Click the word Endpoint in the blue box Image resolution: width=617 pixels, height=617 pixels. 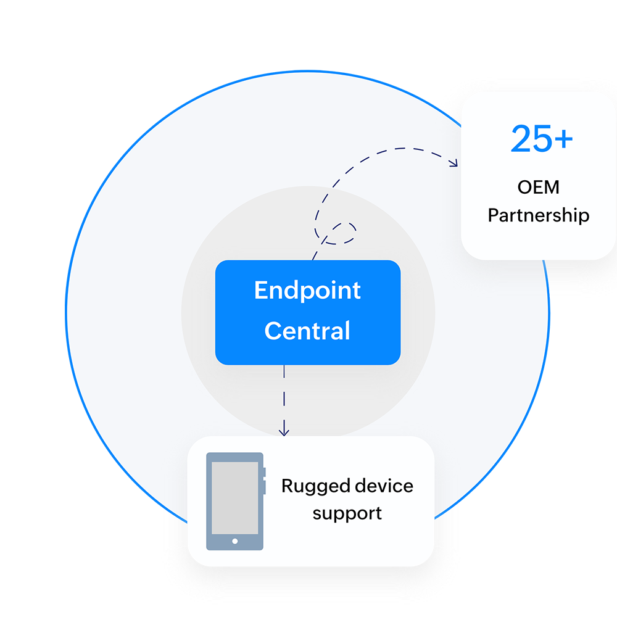(307, 291)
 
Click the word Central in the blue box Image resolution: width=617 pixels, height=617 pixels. (307, 331)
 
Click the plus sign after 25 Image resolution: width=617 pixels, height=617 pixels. (563, 141)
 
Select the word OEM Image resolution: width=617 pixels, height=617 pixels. (539, 188)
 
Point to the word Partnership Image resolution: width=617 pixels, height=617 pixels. (539, 216)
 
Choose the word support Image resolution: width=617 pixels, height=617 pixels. (347, 513)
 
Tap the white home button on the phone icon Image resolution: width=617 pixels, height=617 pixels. (235, 542)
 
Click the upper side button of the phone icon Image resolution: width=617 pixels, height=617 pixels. (264, 473)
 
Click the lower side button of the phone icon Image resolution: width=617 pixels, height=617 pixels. (264, 487)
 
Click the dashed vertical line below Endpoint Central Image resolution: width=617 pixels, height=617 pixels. (284, 395)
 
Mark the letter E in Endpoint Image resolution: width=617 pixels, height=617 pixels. (260, 291)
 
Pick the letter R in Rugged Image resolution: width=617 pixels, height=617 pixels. (287, 486)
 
